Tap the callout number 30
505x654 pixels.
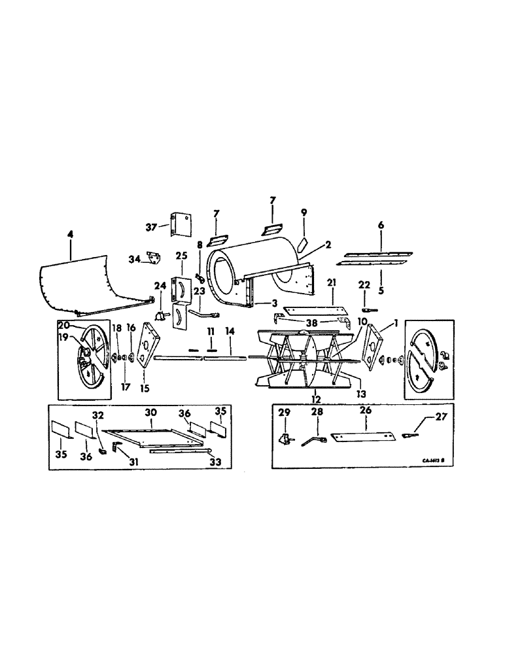point(150,413)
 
